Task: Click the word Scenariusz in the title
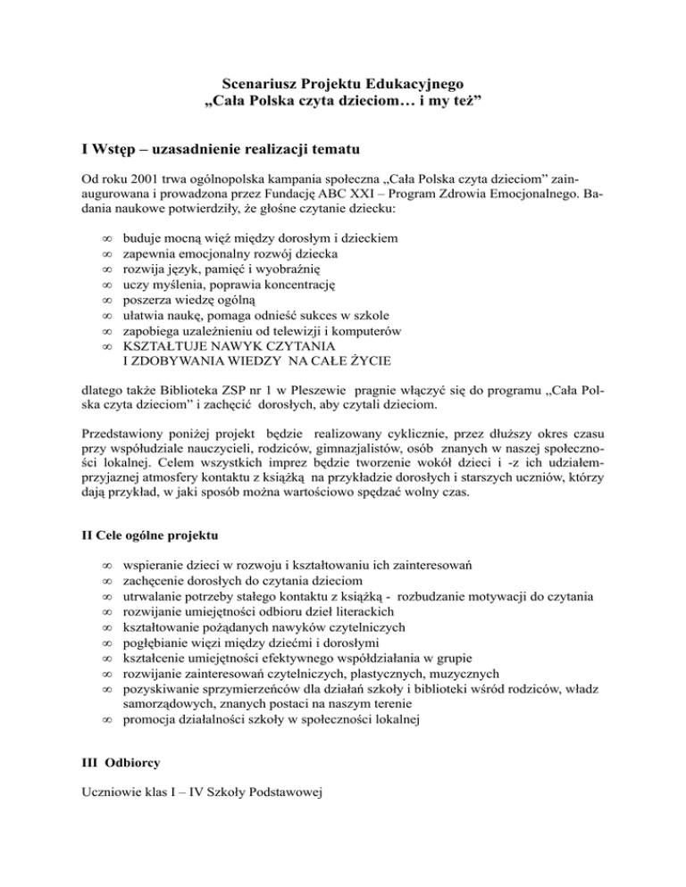(x=261, y=86)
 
